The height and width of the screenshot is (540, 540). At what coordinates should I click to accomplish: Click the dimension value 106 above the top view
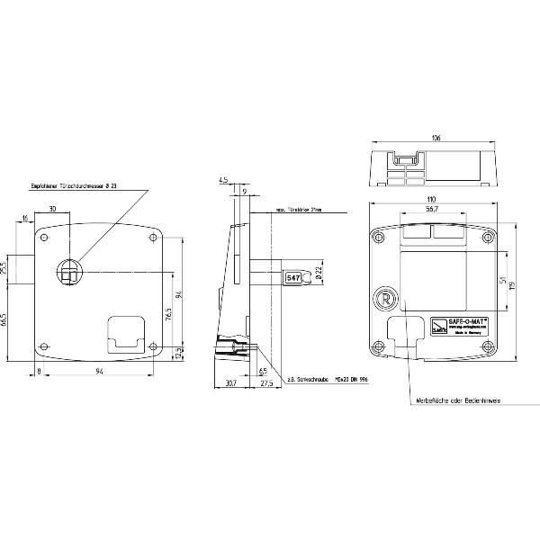point(436,139)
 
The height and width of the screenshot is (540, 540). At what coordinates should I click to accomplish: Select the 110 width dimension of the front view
point(432,198)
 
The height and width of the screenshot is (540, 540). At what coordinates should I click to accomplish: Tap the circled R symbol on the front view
point(384,299)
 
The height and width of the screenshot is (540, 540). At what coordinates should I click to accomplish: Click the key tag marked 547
point(293,278)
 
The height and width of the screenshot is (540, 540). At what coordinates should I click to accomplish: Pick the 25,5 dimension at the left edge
point(4,267)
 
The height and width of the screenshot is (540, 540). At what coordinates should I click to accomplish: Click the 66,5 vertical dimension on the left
point(4,320)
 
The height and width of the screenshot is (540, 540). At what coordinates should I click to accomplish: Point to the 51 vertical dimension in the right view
point(501,278)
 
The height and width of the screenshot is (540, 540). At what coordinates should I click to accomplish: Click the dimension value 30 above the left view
point(53,209)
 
